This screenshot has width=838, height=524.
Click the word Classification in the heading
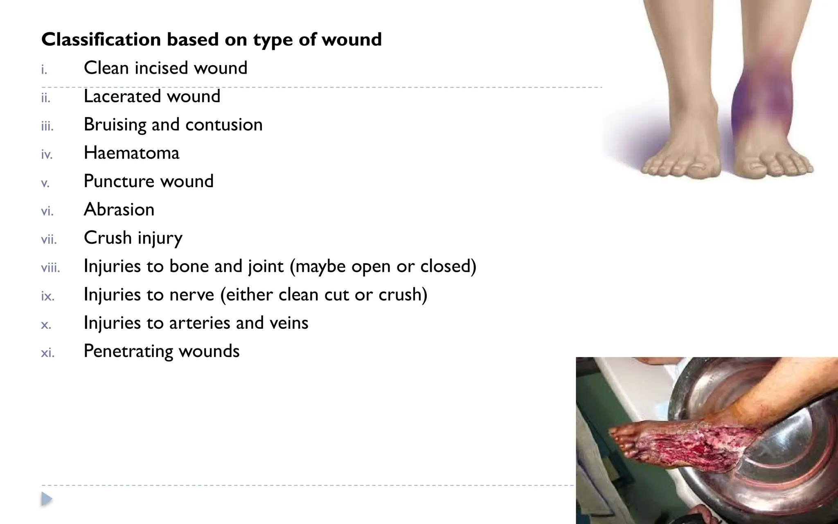(101, 40)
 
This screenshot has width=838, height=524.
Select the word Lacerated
(121, 97)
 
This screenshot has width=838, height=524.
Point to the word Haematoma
(131, 153)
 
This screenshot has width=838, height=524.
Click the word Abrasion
(119, 210)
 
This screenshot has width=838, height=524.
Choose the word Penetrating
(128, 351)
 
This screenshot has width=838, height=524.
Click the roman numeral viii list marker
(50, 268)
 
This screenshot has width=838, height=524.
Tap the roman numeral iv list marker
(47, 155)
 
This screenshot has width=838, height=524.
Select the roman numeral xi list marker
(47, 353)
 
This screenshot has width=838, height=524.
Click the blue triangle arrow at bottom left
(47, 499)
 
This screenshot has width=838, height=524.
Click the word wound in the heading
(351, 40)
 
